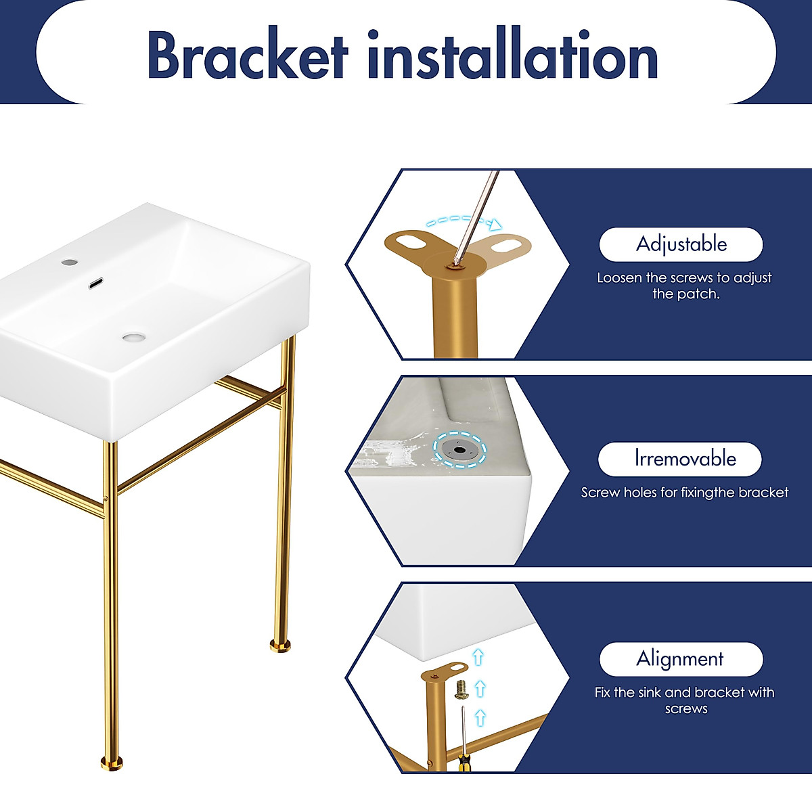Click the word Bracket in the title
[247, 56]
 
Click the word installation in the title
[512, 56]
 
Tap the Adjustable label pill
[681, 244]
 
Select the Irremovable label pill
[680, 459]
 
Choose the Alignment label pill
[681, 659]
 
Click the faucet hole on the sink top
[68, 262]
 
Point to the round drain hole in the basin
[134, 336]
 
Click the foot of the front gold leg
[112, 763]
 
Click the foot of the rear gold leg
[281, 646]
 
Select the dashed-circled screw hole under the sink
[459, 449]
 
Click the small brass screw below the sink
[462, 689]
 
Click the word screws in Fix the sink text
[686, 709]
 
